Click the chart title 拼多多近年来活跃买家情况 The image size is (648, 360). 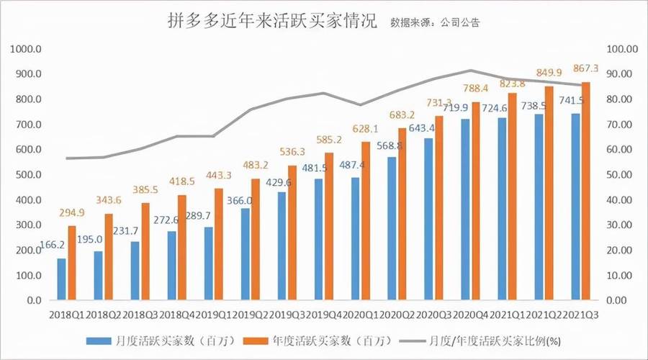pos(266,20)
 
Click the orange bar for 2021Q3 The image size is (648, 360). pos(586,191)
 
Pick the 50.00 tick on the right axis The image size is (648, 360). pos(622,175)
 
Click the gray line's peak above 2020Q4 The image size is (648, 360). pos(469,71)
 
